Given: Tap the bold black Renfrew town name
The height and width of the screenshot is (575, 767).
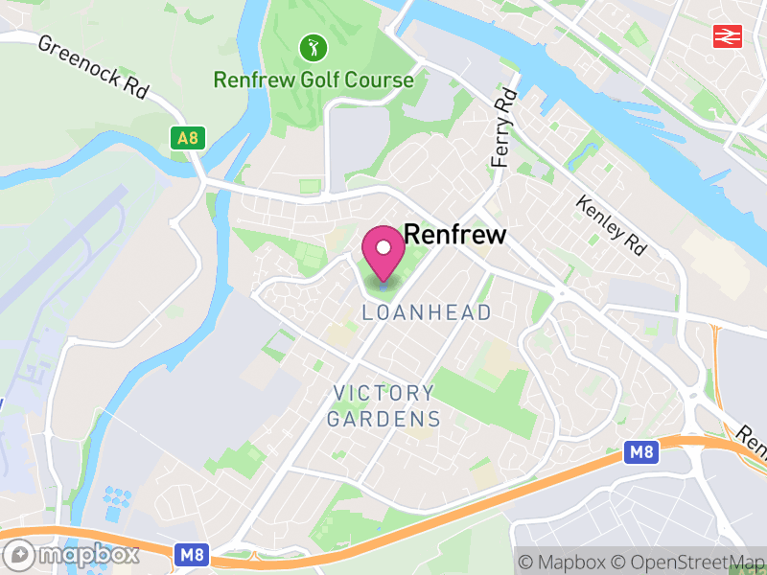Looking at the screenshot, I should [x=454, y=235].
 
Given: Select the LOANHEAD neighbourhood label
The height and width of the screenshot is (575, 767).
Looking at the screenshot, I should [x=427, y=312].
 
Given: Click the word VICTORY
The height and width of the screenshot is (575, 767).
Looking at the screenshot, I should [x=383, y=393].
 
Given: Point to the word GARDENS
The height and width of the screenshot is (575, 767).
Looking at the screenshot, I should [x=383, y=419].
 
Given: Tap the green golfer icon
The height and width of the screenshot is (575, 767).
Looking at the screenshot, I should [x=313, y=46].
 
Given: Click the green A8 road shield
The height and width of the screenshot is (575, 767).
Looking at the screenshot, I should [x=188, y=139].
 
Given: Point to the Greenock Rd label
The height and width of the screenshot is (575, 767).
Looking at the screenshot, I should [x=93, y=67].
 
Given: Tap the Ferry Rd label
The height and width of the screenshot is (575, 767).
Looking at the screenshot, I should [x=503, y=128].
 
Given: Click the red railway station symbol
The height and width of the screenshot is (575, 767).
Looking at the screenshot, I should [x=726, y=36].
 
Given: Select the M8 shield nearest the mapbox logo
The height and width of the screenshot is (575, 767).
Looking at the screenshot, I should [x=189, y=554].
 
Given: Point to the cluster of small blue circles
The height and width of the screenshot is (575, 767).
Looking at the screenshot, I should [x=117, y=498].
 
